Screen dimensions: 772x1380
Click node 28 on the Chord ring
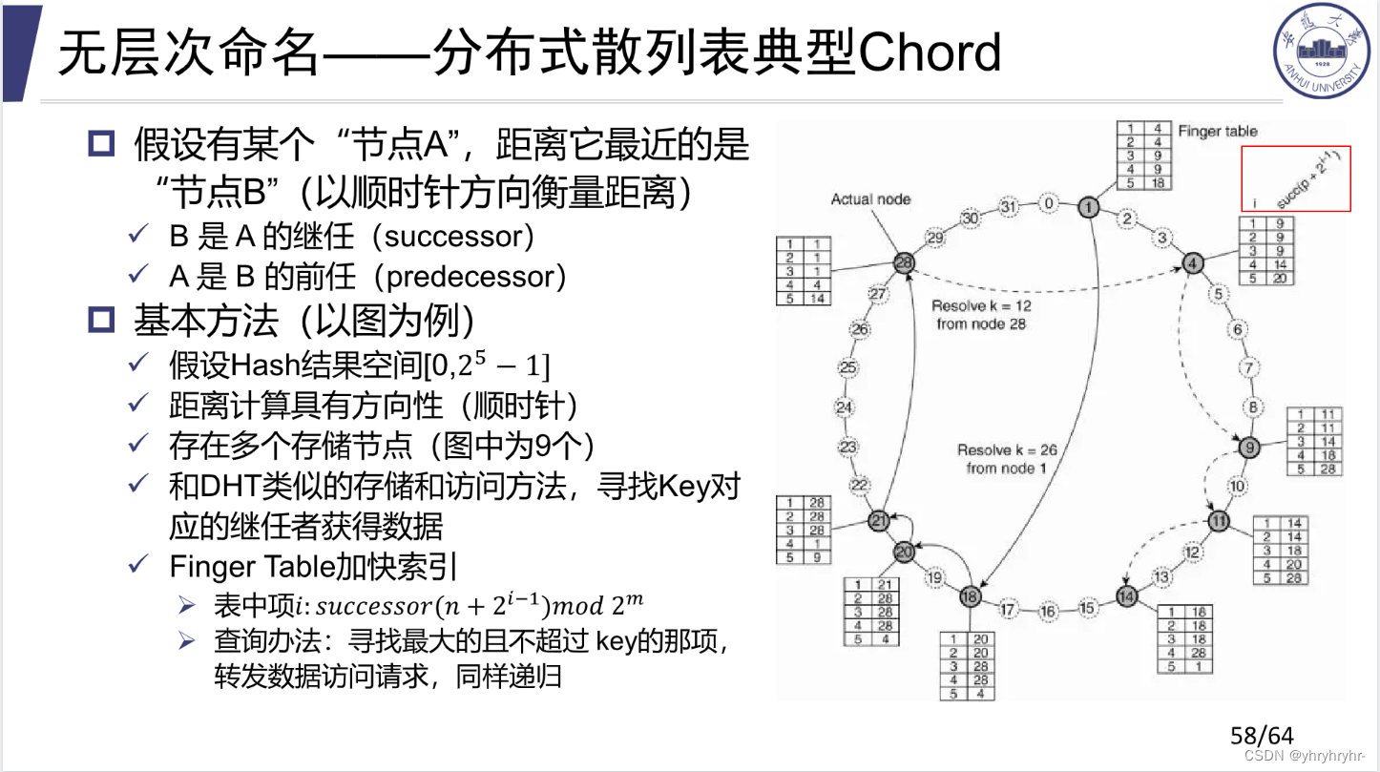coord(904,261)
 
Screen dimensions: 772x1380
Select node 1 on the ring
coord(1088,206)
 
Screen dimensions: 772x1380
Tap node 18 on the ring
coord(971,596)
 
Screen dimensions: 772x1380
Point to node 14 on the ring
coord(1127,596)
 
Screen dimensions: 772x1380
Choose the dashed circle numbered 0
coord(1049,203)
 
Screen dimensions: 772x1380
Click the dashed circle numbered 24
coord(844,407)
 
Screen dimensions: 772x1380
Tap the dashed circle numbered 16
coord(1049,611)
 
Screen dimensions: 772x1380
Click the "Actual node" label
coord(870,199)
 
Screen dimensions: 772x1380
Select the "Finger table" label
coord(1218,132)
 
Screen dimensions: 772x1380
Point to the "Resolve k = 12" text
coord(981,306)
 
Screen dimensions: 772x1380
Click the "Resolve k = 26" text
coord(1007,449)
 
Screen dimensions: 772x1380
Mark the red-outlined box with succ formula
coord(1296,178)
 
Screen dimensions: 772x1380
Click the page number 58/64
coord(1262,736)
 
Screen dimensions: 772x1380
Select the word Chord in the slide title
coord(930,52)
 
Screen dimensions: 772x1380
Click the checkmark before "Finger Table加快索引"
coord(138,566)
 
